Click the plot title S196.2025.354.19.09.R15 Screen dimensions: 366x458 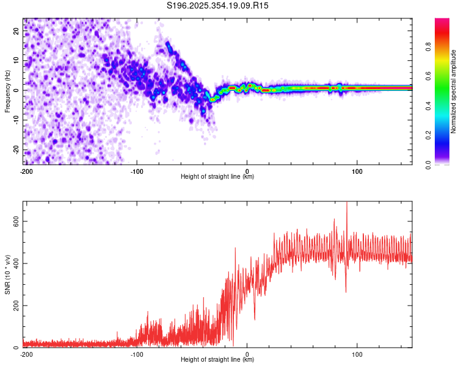217,5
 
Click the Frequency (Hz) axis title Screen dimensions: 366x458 8,91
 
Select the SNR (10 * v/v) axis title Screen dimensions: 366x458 8,274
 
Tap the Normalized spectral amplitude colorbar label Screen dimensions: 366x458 454,91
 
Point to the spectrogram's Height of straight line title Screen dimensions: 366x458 217,176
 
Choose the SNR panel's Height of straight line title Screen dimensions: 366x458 217,359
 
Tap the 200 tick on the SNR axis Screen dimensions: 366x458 16,305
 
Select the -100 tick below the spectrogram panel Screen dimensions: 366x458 137,170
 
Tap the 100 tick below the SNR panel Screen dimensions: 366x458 357,353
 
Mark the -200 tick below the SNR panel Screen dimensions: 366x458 26,353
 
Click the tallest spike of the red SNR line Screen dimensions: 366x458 347,204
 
